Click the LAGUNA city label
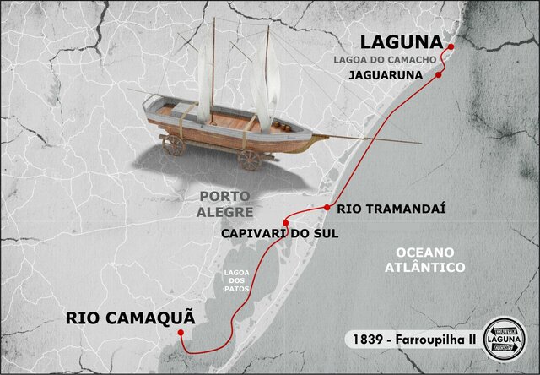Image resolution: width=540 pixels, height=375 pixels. click(402, 42)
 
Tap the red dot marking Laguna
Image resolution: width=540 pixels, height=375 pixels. click(451, 46)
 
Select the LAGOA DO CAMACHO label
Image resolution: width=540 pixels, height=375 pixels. click(396, 60)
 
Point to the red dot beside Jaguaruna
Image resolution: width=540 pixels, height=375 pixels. click(439, 75)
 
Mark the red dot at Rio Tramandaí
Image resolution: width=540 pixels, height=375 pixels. click(327, 207)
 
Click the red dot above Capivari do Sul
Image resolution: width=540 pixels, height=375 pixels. click(286, 223)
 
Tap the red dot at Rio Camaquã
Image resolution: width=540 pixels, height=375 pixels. click(181, 334)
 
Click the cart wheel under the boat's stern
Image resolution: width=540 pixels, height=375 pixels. click(174, 145)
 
